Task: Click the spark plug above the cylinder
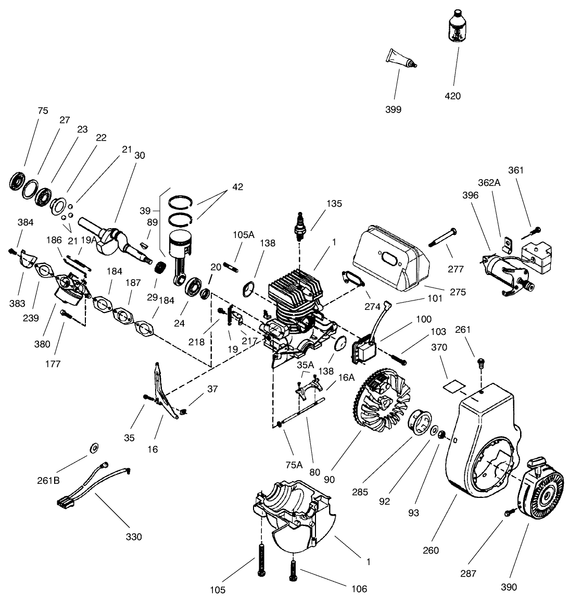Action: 299,227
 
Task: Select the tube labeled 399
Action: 400,58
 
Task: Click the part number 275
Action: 458,292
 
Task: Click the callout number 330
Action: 134,537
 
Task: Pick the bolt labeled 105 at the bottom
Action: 261,559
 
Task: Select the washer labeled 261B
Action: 94,448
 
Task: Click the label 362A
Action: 489,183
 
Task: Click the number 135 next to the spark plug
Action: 334,204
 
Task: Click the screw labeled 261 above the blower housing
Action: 481,362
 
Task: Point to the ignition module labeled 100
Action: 364,348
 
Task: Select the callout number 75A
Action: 294,465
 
